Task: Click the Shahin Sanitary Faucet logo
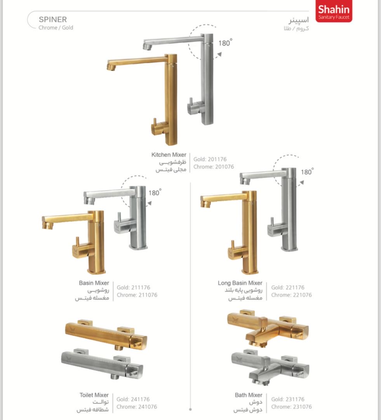click(334, 11)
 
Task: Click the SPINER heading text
click(53, 19)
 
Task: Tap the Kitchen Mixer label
click(169, 155)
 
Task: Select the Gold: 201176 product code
click(210, 159)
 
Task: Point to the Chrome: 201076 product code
click(214, 166)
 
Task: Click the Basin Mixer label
click(94, 283)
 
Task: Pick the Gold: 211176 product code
click(133, 287)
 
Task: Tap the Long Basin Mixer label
click(240, 283)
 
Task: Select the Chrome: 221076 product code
click(291, 295)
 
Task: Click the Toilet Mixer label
click(94, 395)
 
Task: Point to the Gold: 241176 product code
click(133, 399)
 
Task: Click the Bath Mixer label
click(249, 395)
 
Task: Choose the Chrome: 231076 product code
click(291, 407)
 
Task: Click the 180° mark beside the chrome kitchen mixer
click(225, 43)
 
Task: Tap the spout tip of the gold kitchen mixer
click(111, 67)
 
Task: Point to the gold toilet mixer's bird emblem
click(72, 328)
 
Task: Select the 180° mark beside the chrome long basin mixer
click(307, 172)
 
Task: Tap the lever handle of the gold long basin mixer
click(233, 245)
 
